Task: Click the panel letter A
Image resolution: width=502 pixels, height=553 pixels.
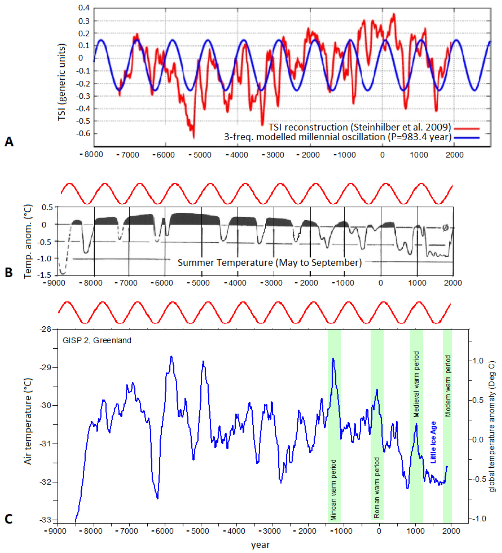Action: tap(9, 142)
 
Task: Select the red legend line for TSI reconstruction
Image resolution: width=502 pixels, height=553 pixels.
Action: tap(467, 128)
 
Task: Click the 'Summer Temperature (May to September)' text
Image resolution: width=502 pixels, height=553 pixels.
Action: tap(270, 263)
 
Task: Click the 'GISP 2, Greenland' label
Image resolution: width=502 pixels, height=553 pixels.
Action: tap(97, 340)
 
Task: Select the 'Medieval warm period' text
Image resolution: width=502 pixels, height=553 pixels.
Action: tap(416, 384)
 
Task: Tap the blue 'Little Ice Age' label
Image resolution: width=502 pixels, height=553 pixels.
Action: tap(433, 442)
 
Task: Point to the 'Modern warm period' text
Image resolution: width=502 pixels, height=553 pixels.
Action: tap(448, 386)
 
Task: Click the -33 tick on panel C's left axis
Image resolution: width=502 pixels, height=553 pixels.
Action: tap(45, 520)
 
